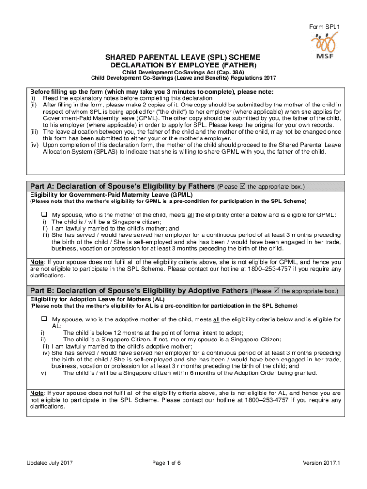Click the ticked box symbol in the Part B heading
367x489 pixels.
click(277, 290)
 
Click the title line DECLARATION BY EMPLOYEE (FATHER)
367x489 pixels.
click(183, 64)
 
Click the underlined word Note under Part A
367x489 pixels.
click(37, 262)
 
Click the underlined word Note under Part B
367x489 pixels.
click(37, 393)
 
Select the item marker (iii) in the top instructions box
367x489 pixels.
click(34, 131)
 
